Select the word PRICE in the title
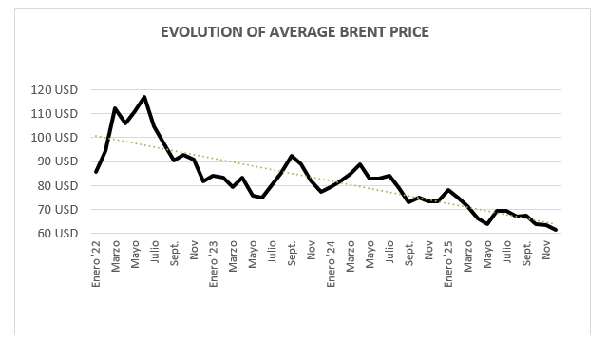point(409,32)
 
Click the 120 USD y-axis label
point(54,90)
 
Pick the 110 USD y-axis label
point(54,114)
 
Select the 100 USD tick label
point(54,137)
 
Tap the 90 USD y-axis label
point(57,161)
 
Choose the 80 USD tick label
point(57,185)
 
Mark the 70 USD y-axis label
point(57,209)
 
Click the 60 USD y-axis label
point(57,234)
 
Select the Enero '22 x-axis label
point(96,264)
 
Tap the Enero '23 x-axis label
point(213,264)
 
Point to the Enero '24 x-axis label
point(331,264)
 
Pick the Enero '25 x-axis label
point(448,264)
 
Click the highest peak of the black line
point(144,97)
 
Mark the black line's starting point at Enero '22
point(96,172)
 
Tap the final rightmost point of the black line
point(557,230)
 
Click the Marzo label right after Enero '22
point(116,256)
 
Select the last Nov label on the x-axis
point(546,250)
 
